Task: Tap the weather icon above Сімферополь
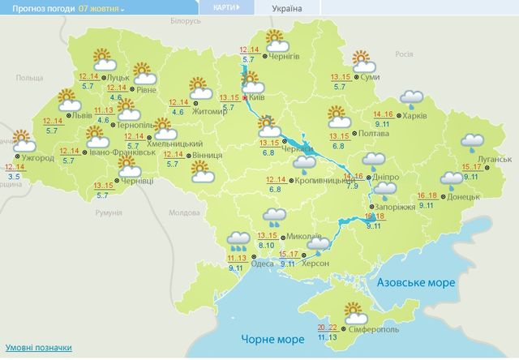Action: click(x=352, y=311)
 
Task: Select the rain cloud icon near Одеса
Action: click(x=238, y=239)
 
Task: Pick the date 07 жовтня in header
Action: click(x=100, y=8)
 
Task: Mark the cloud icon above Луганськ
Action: click(x=472, y=144)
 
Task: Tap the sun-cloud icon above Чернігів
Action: click(x=276, y=39)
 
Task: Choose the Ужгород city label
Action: click(x=38, y=157)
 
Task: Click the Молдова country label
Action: click(x=185, y=212)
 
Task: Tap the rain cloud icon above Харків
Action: click(x=414, y=99)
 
